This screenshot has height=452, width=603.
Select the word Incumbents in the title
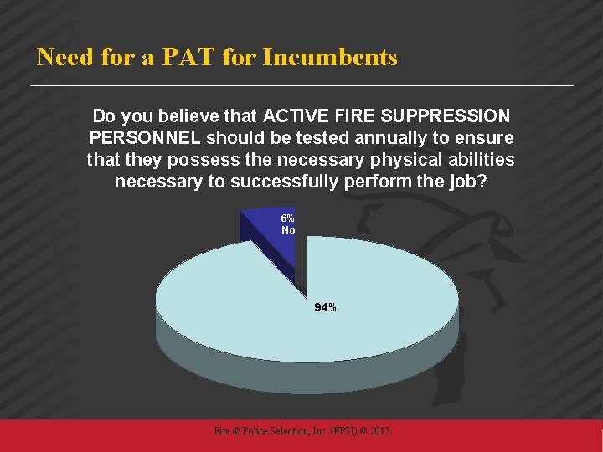click(330, 58)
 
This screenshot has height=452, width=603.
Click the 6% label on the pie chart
click(287, 218)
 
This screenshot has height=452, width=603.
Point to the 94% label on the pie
click(325, 308)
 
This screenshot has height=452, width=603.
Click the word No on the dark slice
click(288, 229)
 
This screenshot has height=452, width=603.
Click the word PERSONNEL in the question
click(143, 136)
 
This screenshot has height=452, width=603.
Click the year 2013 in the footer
click(379, 431)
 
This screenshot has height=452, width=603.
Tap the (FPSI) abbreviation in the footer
click(334, 431)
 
